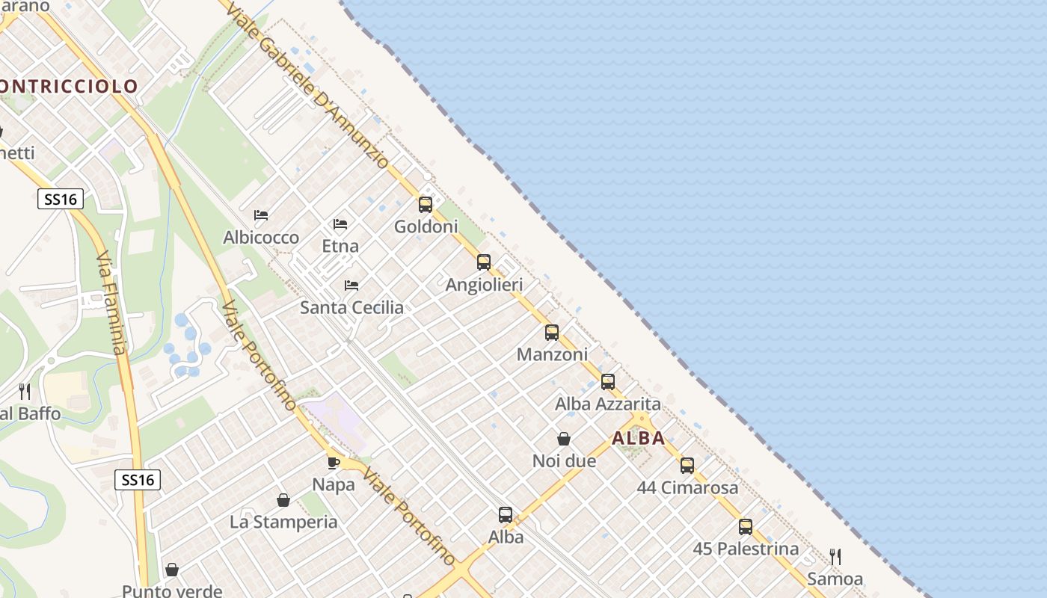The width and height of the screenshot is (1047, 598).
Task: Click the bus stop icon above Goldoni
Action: (426, 204)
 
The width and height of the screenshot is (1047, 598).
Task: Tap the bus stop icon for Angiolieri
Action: (484, 262)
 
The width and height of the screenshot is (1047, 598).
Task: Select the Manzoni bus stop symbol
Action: (552, 333)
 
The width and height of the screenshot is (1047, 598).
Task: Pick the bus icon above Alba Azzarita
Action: (608, 382)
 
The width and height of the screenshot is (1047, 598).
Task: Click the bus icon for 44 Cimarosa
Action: (687, 466)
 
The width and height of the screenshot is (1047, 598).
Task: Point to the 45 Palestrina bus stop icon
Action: (746, 526)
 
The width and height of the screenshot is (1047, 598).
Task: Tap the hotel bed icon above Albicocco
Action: (261, 215)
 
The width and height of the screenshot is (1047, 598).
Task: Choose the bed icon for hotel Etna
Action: (340, 224)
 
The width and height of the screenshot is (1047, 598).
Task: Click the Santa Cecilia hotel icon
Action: (351, 285)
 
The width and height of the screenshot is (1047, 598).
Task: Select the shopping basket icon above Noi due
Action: (564, 439)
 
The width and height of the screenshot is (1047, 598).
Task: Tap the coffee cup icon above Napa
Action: (334, 463)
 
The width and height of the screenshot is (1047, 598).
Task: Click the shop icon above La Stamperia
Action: (283, 500)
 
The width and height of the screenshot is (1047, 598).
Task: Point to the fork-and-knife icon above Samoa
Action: (835, 556)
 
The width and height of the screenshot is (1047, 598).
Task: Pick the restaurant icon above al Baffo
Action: (25, 391)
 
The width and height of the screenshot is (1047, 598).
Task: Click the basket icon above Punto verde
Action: (172, 570)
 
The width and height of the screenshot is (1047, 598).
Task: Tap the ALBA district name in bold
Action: (639, 438)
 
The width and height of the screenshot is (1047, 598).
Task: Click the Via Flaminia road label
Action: (111, 302)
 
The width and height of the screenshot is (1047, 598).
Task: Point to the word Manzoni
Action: (552, 354)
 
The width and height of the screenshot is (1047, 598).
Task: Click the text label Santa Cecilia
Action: (351, 307)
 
